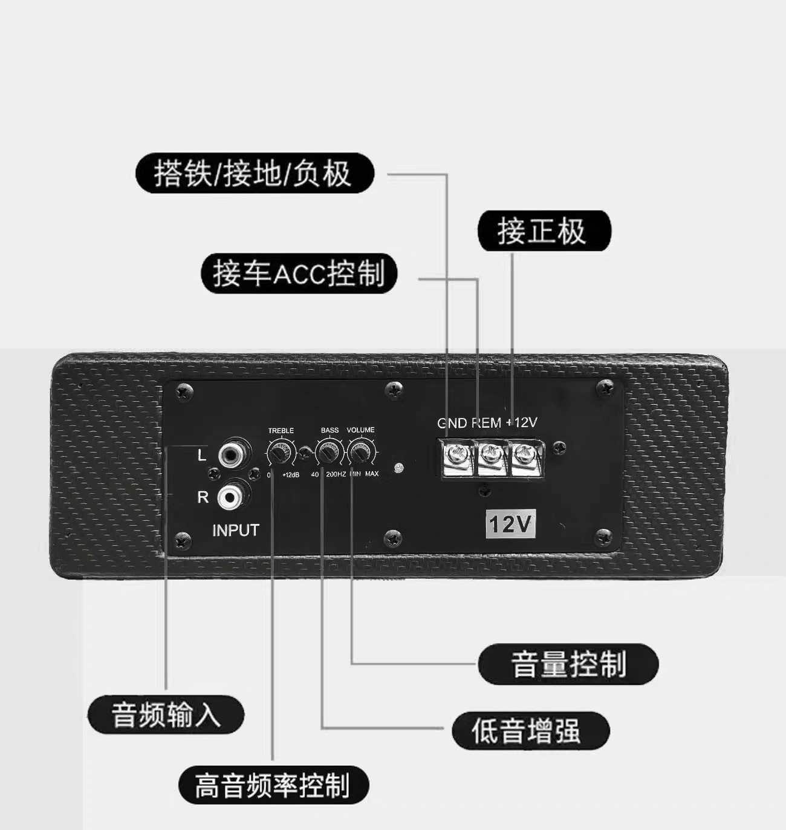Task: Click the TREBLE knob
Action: coord(280,453)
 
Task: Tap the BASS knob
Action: coord(328,453)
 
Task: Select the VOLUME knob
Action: coord(361,453)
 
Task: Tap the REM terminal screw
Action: coord(491,455)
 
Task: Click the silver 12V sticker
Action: coord(510,524)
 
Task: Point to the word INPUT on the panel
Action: coord(236,531)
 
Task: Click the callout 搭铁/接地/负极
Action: coord(255,173)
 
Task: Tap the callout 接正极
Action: coord(544,230)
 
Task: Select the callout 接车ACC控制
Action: coord(299,273)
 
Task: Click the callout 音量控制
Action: coord(568,664)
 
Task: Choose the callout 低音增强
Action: coord(531,730)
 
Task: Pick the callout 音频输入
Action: coord(166,714)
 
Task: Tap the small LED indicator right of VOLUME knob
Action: coord(398,468)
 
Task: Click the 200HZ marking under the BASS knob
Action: coord(336,474)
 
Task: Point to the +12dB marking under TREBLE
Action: coord(291,475)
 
